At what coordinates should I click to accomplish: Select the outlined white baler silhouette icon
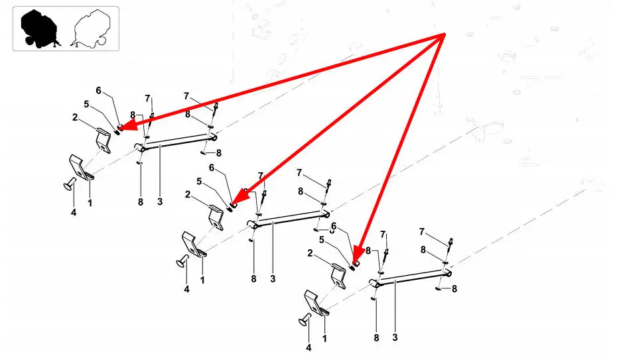point(91,29)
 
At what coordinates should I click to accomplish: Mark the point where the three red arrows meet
point(445,34)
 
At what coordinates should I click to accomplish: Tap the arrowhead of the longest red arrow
point(128,125)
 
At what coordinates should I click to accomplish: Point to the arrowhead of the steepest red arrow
point(358,255)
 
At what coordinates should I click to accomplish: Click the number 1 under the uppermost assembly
point(90,203)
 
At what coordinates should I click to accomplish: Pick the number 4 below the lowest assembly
point(309,347)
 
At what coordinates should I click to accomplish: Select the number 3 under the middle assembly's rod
point(273,278)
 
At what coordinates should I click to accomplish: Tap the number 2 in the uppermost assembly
point(75,117)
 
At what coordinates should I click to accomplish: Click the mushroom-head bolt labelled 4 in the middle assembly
point(182,261)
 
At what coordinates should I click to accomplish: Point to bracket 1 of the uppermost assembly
point(82,168)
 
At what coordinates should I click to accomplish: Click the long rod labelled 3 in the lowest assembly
point(411,277)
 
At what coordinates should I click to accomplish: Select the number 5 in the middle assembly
point(199,182)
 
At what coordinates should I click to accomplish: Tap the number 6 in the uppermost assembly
point(98,91)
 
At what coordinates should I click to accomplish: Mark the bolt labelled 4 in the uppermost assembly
point(70,184)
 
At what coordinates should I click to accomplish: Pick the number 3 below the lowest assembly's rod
point(395,337)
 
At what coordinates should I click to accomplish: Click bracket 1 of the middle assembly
point(194,245)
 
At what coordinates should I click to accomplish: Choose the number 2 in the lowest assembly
point(311,253)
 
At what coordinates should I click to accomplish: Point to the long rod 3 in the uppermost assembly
point(176,142)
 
